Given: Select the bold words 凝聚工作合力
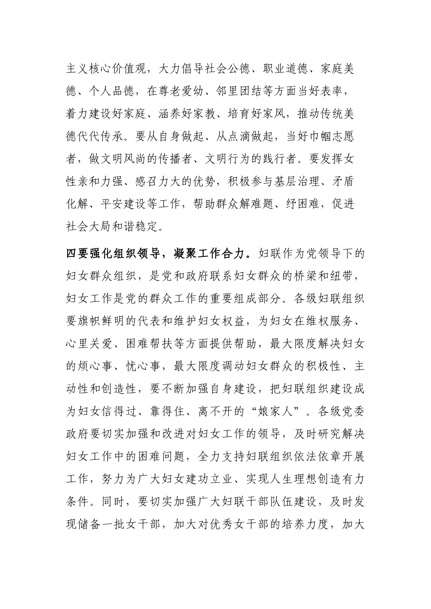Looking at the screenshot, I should (208, 253).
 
